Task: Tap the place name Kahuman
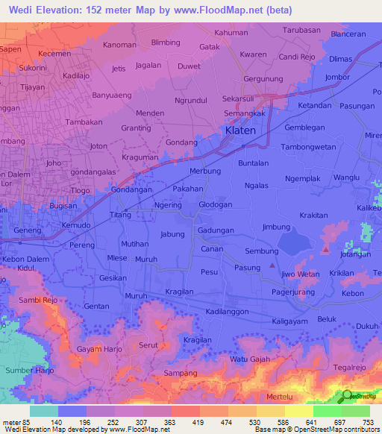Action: click(231, 33)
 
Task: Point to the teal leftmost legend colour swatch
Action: click(44, 411)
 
